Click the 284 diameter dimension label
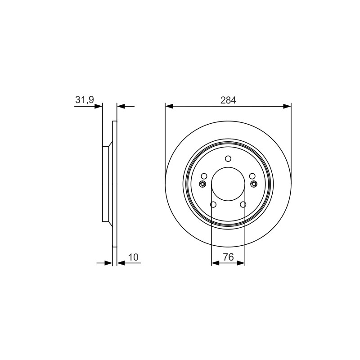[x=228, y=100]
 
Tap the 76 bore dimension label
[x=228, y=257]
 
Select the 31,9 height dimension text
[x=85, y=99]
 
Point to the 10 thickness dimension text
[x=133, y=257]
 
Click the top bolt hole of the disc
[x=228, y=158]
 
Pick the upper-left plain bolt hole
[x=204, y=176]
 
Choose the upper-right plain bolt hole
[x=252, y=176]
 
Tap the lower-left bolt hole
[x=213, y=204]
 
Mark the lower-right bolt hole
[x=243, y=204]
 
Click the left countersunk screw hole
[x=202, y=184]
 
